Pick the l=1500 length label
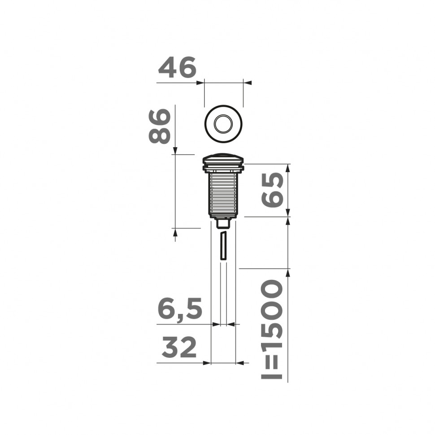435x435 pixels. (272, 330)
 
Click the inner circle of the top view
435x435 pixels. (223, 123)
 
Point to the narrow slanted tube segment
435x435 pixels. (223, 245)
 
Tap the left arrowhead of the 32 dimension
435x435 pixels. (207, 362)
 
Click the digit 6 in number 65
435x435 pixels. (273, 200)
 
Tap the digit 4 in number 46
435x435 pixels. (167, 68)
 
